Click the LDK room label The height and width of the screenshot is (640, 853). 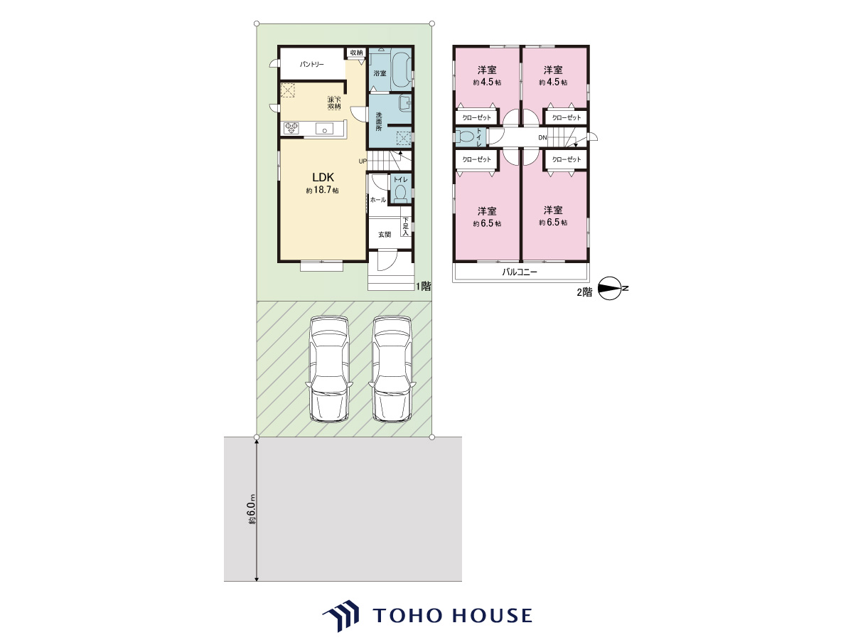point(323,177)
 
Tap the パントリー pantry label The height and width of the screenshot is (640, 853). point(311,64)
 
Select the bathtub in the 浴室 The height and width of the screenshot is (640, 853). point(401,72)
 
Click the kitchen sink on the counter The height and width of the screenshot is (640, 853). point(324,128)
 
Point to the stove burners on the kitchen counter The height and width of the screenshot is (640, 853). point(291,128)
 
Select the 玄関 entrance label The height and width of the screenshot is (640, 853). point(385,235)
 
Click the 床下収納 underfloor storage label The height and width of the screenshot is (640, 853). point(334,103)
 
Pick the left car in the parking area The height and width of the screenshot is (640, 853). point(329,369)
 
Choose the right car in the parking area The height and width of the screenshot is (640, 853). point(392,369)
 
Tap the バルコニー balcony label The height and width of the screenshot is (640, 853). point(520,272)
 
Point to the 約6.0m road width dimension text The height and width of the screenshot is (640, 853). point(252,509)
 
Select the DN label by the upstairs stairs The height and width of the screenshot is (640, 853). point(542,137)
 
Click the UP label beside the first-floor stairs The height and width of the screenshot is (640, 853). point(363,161)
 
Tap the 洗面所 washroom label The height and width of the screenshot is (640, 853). point(378,122)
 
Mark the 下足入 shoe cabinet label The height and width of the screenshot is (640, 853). point(406,226)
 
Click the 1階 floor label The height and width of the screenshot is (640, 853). point(424,287)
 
